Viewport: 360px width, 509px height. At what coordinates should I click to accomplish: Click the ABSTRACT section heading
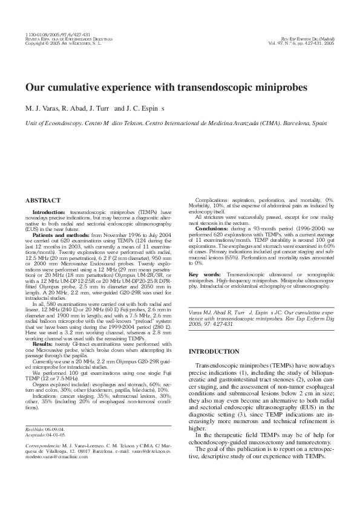tap(43, 199)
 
